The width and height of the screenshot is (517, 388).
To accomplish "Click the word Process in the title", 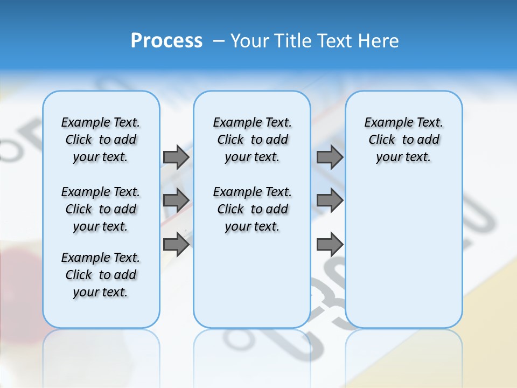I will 166,41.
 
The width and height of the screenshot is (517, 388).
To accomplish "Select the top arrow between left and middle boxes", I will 176,157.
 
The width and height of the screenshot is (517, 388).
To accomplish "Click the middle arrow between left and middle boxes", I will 176,200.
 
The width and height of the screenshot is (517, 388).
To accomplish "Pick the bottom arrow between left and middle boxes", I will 176,245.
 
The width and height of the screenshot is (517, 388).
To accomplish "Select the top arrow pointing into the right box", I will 330,157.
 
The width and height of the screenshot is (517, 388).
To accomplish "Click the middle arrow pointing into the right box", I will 330,200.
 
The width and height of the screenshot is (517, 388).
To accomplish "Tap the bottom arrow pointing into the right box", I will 330,245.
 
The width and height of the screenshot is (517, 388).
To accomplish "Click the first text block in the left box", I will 101,140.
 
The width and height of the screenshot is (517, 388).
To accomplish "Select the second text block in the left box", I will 101,209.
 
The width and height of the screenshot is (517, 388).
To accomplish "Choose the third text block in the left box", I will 101,275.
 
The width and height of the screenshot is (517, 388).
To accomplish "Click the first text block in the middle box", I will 252,140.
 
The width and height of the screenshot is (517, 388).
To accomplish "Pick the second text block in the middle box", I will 252,209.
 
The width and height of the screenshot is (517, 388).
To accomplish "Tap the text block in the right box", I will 403,140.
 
